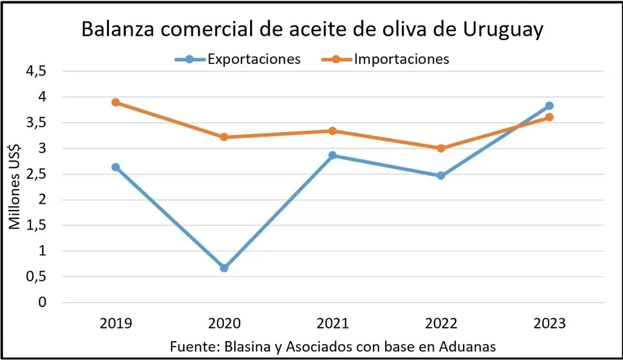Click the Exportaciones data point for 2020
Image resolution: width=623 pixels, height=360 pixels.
224,268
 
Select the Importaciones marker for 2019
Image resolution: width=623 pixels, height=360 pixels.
116,102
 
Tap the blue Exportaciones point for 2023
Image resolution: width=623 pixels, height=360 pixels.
549,106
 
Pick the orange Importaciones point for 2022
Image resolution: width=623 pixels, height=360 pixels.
440,148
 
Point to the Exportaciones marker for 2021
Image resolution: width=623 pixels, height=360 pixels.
332,155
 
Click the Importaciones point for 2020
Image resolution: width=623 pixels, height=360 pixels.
224,137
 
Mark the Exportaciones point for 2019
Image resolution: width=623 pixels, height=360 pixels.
116,167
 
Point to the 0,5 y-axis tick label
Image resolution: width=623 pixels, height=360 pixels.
36,277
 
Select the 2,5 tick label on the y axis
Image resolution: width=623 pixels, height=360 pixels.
36,174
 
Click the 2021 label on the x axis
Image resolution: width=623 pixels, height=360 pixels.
332,324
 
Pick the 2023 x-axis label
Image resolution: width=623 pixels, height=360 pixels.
549,324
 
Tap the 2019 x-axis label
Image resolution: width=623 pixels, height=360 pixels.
116,324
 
